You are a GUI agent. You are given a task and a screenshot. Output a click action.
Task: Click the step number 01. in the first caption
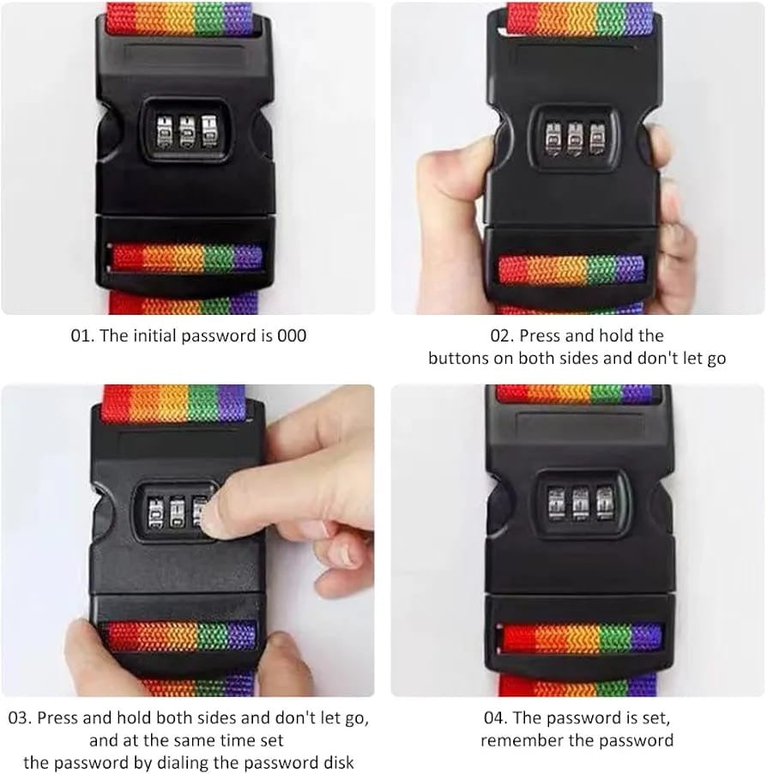click(x=82, y=336)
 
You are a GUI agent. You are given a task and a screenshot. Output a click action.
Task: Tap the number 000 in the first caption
click(x=292, y=336)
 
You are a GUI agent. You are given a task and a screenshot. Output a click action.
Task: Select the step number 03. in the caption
click(x=21, y=717)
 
